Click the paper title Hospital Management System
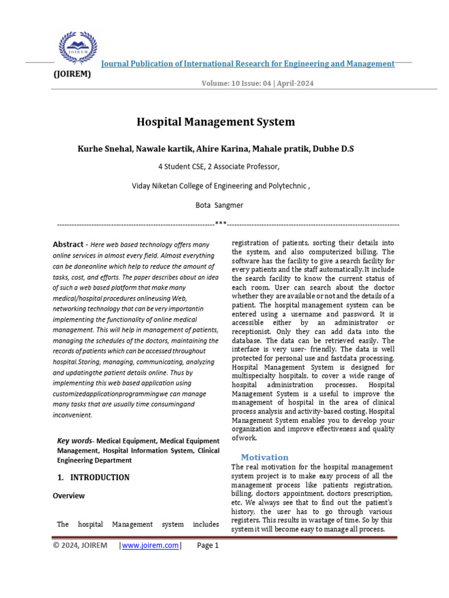216,122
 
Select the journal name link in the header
248,64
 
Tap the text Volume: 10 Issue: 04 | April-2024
257,84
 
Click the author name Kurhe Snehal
103,149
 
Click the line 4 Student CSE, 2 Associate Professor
219,167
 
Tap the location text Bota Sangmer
219,206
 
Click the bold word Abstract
68,245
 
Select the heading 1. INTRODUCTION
94,477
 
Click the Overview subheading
68,496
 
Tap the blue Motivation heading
265,457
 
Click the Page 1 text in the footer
208,545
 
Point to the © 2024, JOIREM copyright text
80,545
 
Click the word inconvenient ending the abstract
72,415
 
